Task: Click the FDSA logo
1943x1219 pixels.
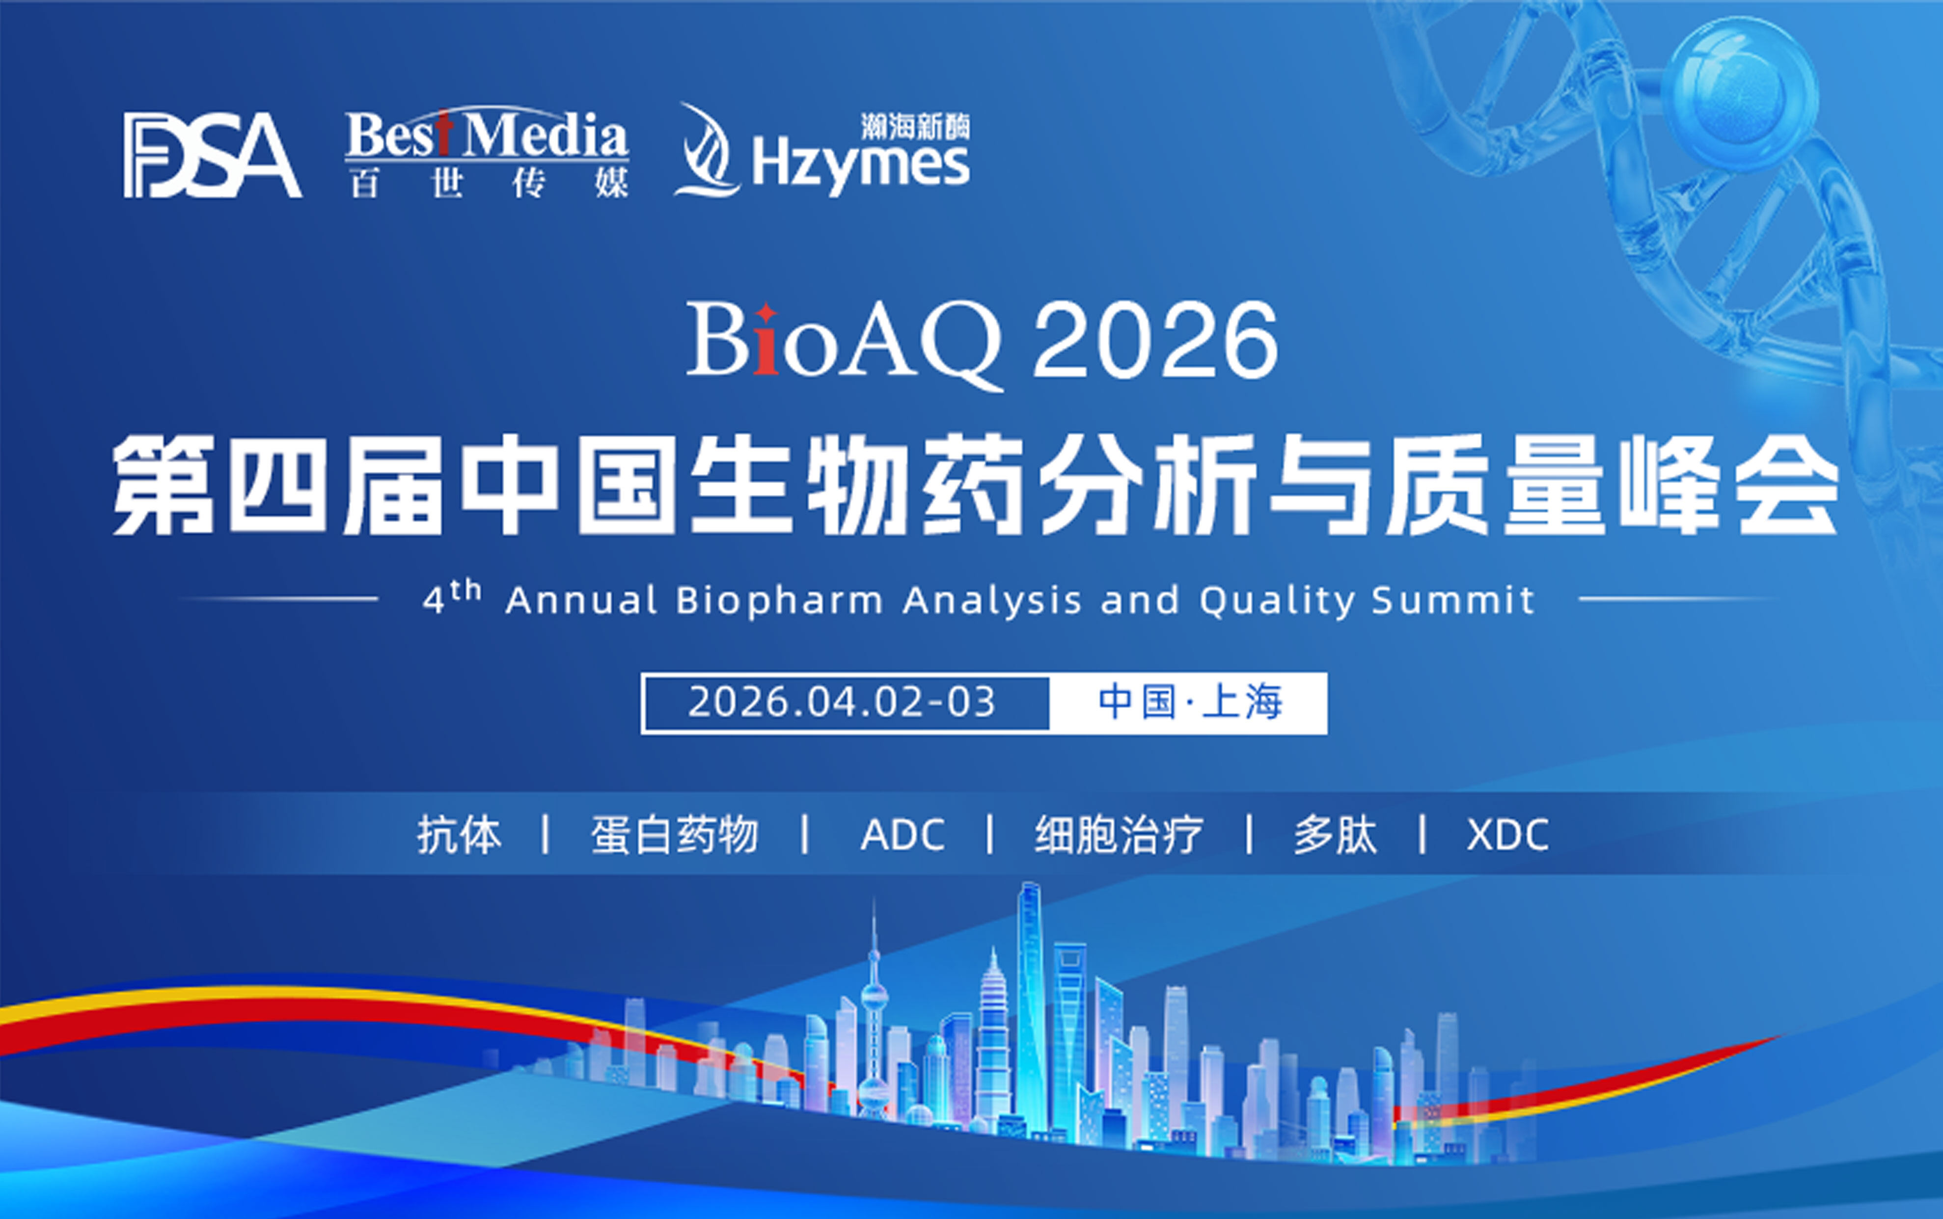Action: [x=212, y=155]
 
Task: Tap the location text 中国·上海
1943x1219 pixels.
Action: [x=1190, y=702]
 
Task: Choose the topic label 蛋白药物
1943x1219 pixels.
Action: [x=675, y=835]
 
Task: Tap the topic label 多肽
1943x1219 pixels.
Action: [x=1335, y=835]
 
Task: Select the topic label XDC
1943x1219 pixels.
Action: [x=1507, y=835]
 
